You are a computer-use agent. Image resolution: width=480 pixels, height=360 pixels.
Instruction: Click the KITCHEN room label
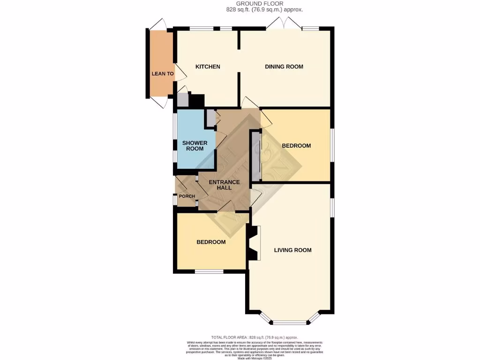pos(208,67)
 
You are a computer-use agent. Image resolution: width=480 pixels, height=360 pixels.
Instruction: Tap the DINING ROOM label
pos(284,67)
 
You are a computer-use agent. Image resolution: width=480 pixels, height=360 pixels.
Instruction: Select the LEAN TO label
pos(163,74)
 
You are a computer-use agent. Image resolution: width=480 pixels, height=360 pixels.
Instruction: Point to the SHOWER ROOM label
pos(195,146)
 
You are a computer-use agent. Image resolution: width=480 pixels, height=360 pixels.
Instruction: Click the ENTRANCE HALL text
pos(224,185)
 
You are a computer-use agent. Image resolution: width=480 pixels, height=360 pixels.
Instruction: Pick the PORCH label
pos(186,196)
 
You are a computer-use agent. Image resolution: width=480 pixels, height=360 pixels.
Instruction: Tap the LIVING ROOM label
pos(292,250)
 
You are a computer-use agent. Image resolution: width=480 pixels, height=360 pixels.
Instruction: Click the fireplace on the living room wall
pos(254,243)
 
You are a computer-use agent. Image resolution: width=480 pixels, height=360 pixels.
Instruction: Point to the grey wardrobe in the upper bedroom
pos(256,156)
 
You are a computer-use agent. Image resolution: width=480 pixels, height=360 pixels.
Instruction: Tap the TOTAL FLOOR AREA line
pos(254,337)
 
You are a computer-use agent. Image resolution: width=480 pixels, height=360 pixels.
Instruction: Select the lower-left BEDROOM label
pos(211,242)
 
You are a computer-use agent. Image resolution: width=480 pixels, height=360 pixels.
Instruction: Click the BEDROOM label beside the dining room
pos(296,146)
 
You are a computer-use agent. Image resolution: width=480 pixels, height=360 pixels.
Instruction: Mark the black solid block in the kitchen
pos(197,101)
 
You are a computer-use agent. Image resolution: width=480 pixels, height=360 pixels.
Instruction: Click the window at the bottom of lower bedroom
pos(209,271)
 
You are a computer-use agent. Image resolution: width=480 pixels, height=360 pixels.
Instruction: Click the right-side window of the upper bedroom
pos(332,145)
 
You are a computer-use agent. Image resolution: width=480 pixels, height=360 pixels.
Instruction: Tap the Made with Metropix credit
pos(255,358)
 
